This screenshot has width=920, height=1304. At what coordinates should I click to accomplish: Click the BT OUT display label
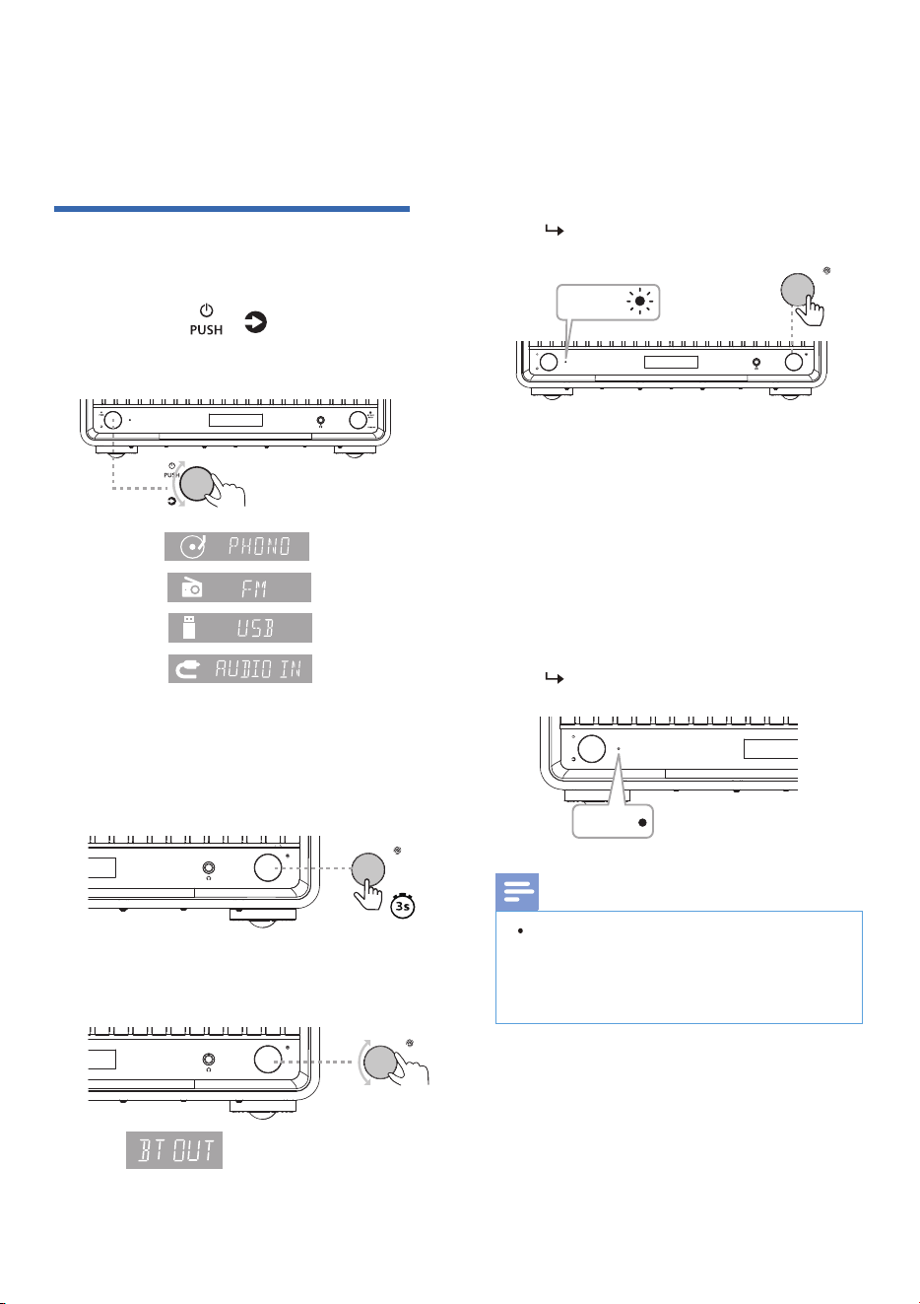point(174,1149)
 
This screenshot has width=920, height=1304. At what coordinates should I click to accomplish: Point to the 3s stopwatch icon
point(402,905)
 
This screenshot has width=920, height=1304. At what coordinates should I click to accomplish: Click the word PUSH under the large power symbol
point(206,329)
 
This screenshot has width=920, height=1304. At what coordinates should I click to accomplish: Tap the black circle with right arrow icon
point(255,322)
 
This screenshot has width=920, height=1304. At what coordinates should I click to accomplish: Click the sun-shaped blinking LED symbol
point(639,302)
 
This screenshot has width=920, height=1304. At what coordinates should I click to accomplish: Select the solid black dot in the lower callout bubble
point(642,823)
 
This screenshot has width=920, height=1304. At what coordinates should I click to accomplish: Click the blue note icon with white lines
point(517,892)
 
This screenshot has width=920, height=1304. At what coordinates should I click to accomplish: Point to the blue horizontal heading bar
point(231,208)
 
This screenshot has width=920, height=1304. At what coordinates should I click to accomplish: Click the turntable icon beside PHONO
point(193,547)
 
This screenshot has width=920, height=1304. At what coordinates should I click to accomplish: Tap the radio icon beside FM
point(191,587)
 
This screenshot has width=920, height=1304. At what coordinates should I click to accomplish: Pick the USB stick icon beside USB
point(188,628)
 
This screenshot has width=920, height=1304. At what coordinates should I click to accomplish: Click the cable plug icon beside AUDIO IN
point(188,669)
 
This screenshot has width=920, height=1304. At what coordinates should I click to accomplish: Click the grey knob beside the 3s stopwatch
point(367,869)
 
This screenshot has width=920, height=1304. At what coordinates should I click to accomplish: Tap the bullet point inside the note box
point(520,930)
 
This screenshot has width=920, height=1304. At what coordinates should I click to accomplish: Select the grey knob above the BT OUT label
point(380,1062)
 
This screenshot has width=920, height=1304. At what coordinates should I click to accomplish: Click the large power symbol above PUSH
point(206,310)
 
